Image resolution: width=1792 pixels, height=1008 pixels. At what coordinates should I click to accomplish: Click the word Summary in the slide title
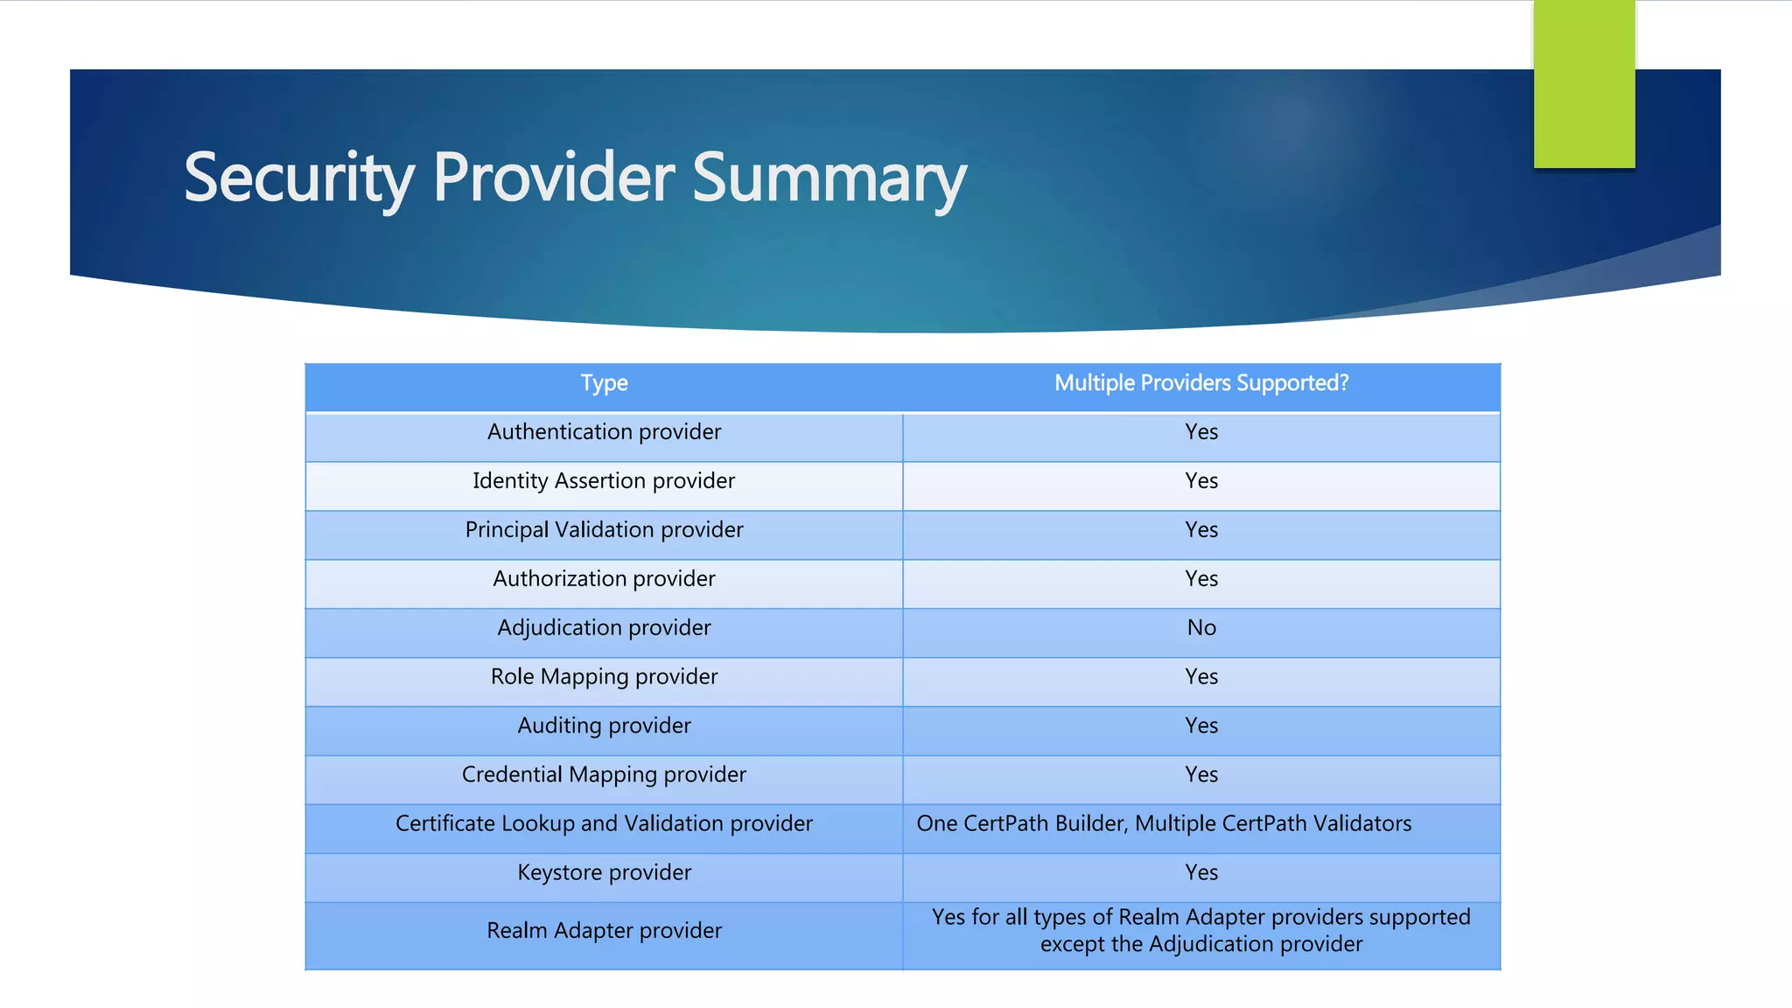[829, 178]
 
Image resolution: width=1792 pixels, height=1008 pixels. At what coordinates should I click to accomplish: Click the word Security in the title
[298, 178]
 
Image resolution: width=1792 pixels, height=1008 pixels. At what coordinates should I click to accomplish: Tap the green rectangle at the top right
[1584, 84]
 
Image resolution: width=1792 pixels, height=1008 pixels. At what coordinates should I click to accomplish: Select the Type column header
[604, 383]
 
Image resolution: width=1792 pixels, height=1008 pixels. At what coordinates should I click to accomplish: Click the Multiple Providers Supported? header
[1200, 383]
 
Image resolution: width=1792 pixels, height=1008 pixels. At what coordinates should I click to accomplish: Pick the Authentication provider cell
[604, 432]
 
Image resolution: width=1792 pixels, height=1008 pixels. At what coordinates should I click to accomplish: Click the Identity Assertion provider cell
[604, 481]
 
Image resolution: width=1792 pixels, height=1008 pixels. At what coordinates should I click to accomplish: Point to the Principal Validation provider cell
[604, 530]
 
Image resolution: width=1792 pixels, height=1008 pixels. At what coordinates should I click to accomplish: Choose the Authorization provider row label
[604, 579]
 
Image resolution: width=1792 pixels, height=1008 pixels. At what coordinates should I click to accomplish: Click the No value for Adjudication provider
[1201, 628]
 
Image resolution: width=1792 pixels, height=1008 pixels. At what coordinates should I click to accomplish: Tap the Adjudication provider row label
[604, 628]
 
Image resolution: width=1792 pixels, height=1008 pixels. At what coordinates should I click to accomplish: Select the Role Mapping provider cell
[604, 677]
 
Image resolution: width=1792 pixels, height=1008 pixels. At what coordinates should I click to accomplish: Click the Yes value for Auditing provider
[1201, 726]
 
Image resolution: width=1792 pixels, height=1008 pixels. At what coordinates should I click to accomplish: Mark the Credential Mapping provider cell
[604, 775]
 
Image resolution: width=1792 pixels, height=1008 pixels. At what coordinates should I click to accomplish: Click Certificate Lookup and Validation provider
[604, 824]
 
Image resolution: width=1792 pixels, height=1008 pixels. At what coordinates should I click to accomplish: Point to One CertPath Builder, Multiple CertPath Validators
[1164, 824]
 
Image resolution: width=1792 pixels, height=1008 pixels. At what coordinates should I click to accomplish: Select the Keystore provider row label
[604, 873]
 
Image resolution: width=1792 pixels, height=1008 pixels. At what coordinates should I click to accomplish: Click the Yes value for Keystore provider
[1201, 873]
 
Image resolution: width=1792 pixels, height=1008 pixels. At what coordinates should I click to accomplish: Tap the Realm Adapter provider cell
[604, 931]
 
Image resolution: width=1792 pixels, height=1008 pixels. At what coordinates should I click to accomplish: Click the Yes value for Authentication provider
[1201, 432]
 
